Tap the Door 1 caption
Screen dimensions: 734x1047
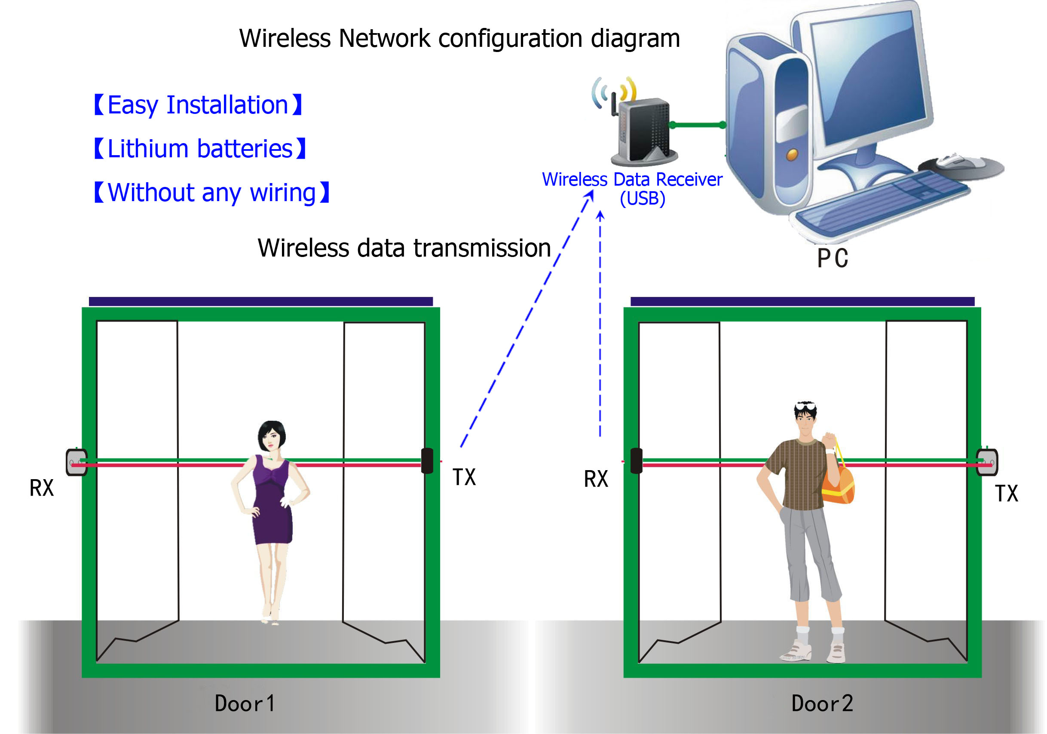click(245, 703)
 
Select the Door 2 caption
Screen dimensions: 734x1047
click(822, 703)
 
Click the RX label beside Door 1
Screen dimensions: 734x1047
click(42, 488)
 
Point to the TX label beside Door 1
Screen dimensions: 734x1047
click(464, 477)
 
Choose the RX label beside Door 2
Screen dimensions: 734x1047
click(596, 479)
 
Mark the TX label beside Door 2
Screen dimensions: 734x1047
click(1006, 493)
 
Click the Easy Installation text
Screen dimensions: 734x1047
click(198, 105)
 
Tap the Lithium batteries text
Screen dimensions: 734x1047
click(200, 149)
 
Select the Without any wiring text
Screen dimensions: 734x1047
click(211, 193)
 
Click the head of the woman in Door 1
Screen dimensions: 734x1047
click(272, 436)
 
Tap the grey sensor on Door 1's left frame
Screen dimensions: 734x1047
click(77, 462)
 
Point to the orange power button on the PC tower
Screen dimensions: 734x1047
click(792, 154)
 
